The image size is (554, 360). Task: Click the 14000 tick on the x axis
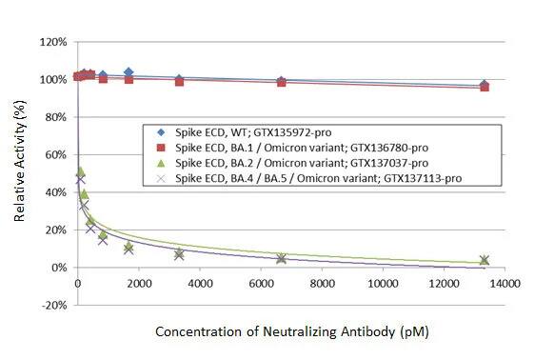pyautogui.click(x=505, y=285)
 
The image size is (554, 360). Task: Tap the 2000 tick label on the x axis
pyautogui.click(x=138, y=285)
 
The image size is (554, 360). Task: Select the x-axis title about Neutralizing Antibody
pyautogui.click(x=289, y=332)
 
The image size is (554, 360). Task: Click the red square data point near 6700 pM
pyautogui.click(x=281, y=83)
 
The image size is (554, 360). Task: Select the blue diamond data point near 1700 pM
pyautogui.click(x=129, y=72)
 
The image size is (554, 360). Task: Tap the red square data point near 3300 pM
pyautogui.click(x=179, y=81)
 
